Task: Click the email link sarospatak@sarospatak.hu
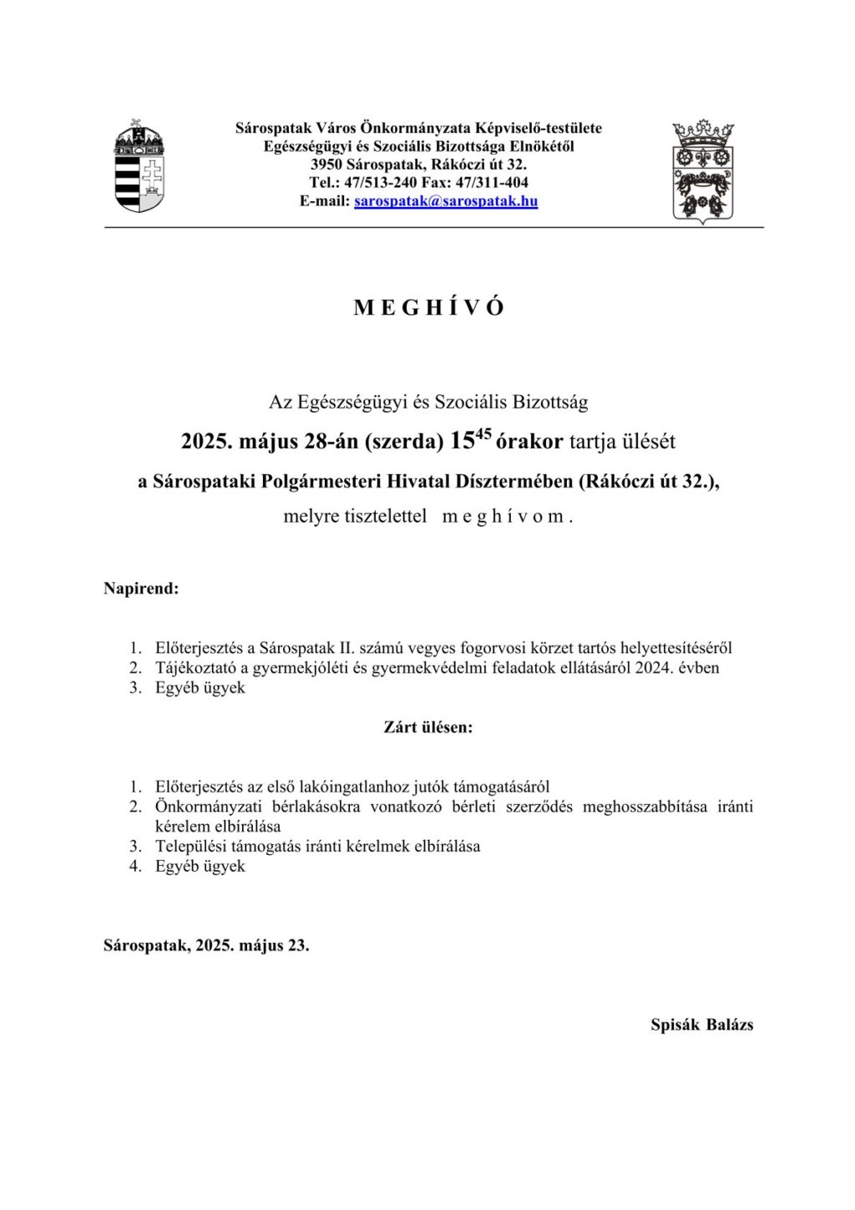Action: pyautogui.click(x=446, y=201)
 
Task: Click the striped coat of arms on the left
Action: pyautogui.click(x=139, y=167)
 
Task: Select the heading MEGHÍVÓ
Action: pyautogui.click(x=428, y=308)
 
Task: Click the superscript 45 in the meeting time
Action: pyautogui.click(x=483, y=433)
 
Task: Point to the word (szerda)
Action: pyautogui.click(x=404, y=442)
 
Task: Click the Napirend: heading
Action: pyautogui.click(x=141, y=589)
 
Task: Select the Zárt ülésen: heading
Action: pyautogui.click(x=428, y=727)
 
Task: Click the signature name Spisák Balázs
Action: pyautogui.click(x=701, y=1025)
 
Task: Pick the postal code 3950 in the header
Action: pyautogui.click(x=326, y=165)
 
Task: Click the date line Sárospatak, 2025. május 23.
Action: pyautogui.click(x=206, y=946)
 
